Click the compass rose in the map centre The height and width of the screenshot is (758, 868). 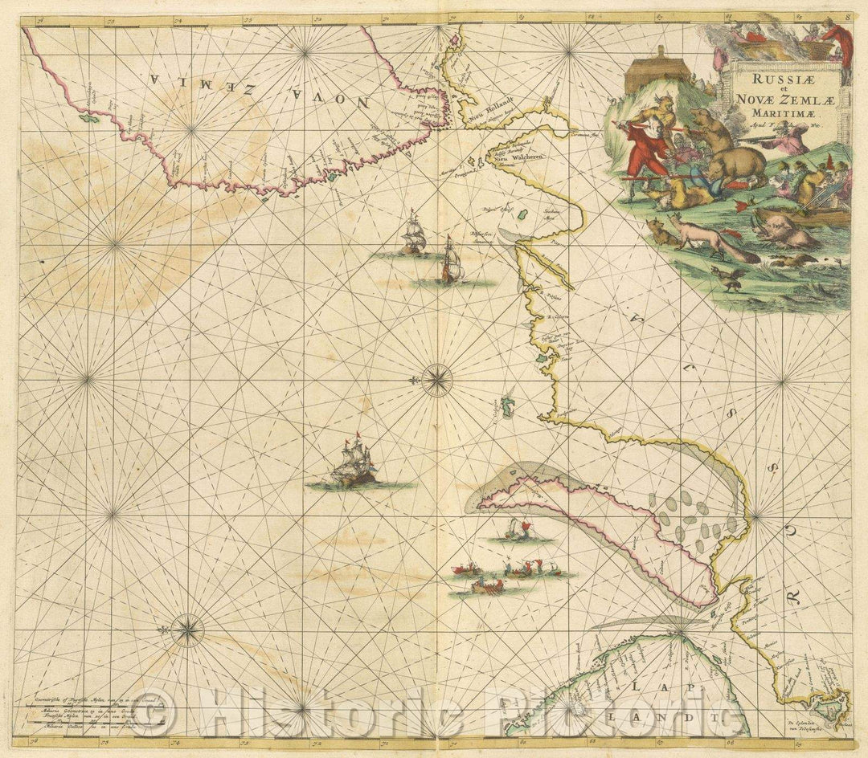tap(436, 380)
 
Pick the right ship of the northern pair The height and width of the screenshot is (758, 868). tap(451, 261)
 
